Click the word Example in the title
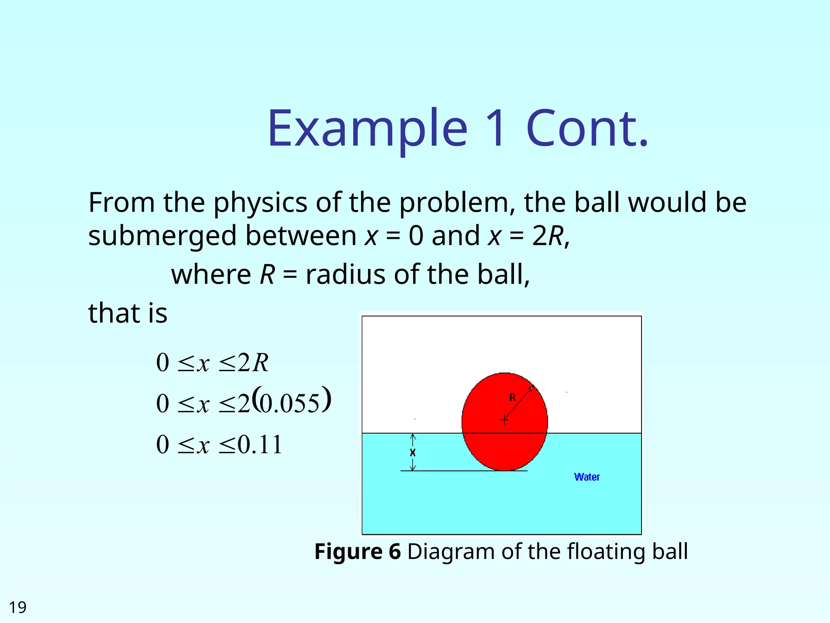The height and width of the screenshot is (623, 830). [x=367, y=129]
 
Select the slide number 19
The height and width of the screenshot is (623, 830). [x=17, y=607]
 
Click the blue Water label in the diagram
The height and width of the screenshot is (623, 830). [x=587, y=477]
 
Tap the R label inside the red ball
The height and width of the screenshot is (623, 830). [x=513, y=397]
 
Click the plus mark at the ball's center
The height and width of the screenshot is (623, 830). [x=504, y=420]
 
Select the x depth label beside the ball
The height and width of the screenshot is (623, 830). [x=413, y=453]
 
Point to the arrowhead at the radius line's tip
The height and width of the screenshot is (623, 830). [x=532, y=387]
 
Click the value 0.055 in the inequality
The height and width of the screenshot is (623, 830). [x=289, y=404]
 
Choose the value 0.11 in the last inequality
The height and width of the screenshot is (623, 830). [x=259, y=445]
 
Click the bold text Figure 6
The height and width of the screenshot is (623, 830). [x=357, y=552]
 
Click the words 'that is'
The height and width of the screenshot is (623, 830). [x=128, y=313]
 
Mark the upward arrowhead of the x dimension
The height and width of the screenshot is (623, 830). [x=413, y=436]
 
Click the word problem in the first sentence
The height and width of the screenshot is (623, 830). [x=454, y=203]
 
